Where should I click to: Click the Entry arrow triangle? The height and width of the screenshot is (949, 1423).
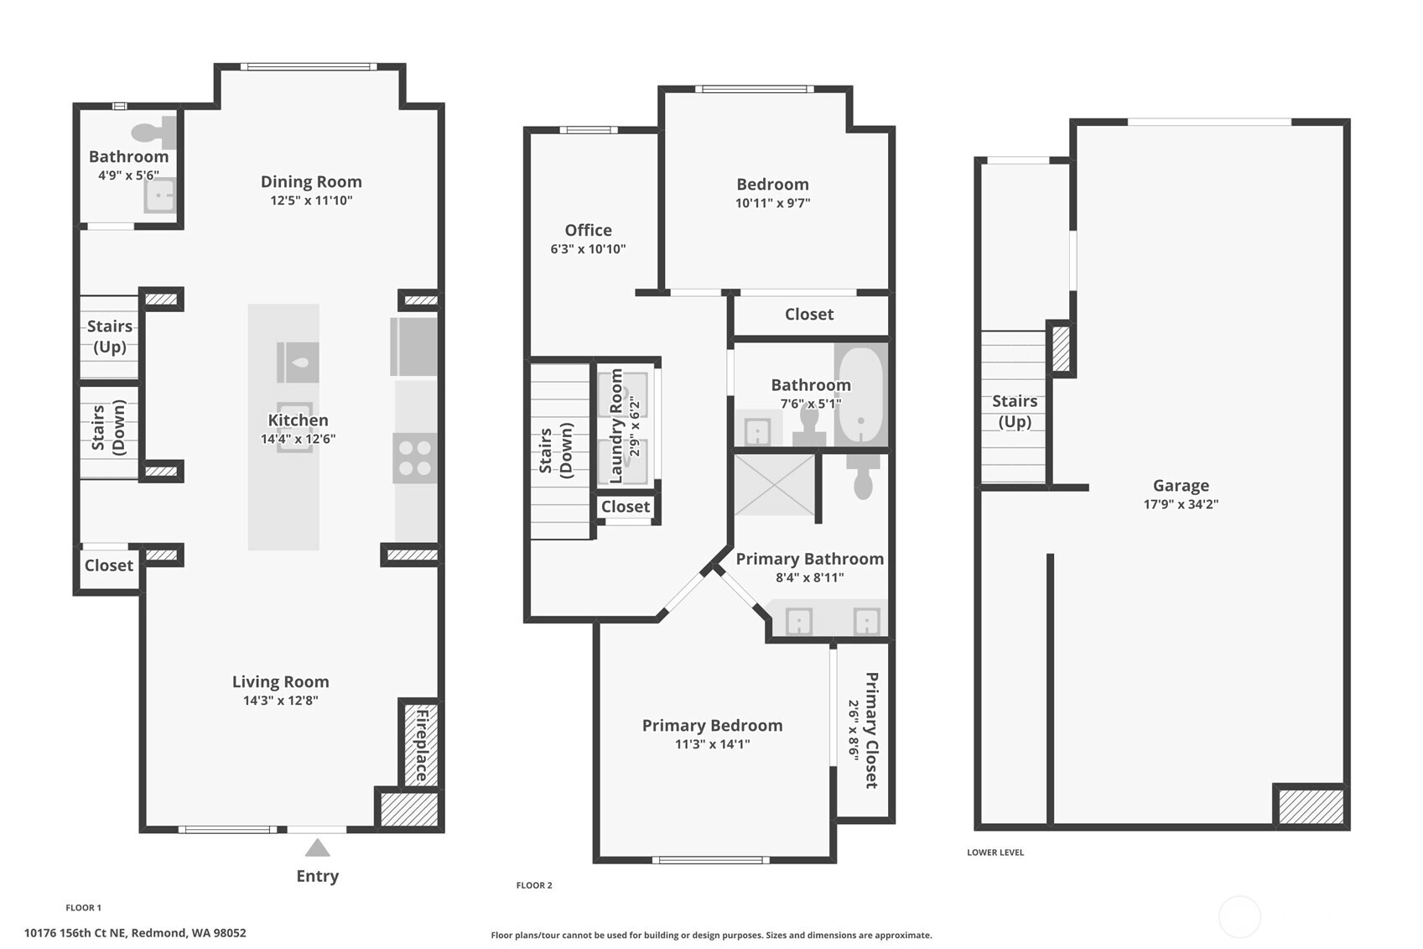[x=317, y=848]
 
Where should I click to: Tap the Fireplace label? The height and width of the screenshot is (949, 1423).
[x=422, y=745]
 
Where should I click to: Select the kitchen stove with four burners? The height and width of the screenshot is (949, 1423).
[x=415, y=458]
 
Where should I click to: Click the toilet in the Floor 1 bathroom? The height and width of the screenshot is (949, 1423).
[x=153, y=132]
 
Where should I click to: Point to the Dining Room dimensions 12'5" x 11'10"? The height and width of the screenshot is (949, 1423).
[x=311, y=201]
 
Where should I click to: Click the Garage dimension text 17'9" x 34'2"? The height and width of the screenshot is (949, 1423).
[x=1181, y=504]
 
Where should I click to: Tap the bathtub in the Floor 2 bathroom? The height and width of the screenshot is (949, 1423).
[x=861, y=394]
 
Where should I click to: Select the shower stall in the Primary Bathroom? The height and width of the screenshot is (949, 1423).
[x=775, y=485]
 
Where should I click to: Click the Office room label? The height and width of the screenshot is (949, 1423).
[x=589, y=230]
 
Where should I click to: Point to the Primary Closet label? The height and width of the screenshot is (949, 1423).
[x=871, y=730]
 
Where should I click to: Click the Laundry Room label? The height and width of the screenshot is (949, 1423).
[x=615, y=426]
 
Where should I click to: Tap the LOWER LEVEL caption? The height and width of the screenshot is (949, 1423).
[x=995, y=853]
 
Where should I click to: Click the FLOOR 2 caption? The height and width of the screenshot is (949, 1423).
[x=534, y=885]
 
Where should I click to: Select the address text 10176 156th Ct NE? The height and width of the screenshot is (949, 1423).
[x=75, y=933]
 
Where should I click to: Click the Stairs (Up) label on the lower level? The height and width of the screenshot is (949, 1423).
[x=1015, y=411]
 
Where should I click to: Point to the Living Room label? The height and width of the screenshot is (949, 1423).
[x=280, y=682]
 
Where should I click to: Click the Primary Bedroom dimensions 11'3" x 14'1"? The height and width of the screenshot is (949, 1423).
[x=712, y=744]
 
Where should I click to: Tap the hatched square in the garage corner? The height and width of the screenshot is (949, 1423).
[x=1311, y=806]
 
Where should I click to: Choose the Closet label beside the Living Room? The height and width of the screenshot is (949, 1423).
[x=109, y=565]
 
